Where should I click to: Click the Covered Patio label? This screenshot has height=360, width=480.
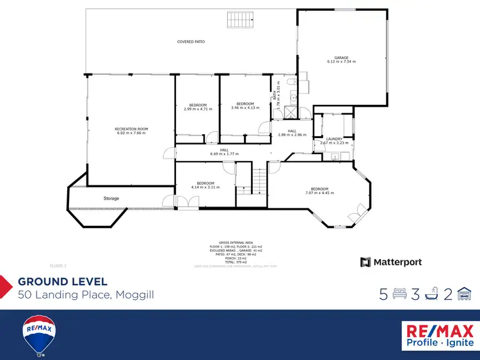[x=191, y=42]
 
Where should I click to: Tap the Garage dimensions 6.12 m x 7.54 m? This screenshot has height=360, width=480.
[x=341, y=62]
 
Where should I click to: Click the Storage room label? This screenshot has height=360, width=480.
[x=111, y=199]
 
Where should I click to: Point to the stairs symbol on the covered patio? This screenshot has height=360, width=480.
[x=240, y=20]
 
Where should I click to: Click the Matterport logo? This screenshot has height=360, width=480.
[x=391, y=262]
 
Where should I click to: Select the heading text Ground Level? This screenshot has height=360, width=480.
[x=62, y=281]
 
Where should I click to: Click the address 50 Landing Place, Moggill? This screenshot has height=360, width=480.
[x=86, y=295]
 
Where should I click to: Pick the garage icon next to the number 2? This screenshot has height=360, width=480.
[x=466, y=294]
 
